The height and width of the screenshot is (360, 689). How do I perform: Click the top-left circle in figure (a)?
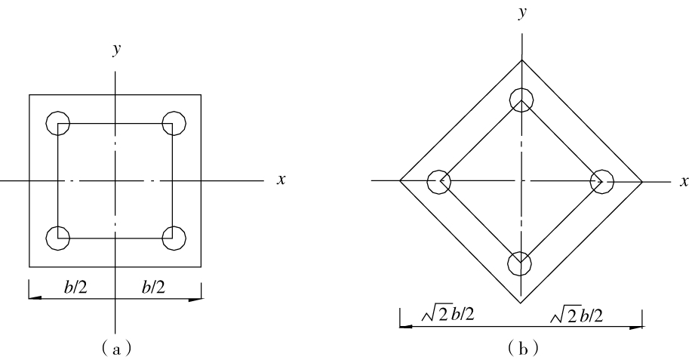tap(47, 123)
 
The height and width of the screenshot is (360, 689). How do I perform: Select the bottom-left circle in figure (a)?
tap(47, 238)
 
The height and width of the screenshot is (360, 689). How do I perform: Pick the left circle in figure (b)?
tap(428, 181)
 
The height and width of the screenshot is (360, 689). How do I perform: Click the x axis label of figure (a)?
tap(281, 180)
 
